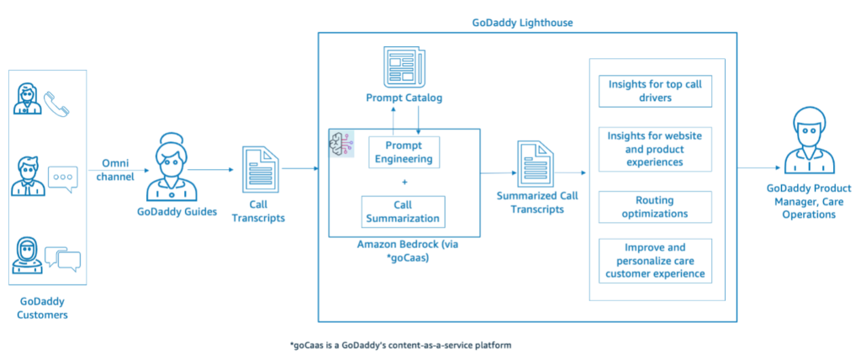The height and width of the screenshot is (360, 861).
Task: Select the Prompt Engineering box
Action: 404,152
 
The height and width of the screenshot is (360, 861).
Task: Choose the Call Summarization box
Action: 403,212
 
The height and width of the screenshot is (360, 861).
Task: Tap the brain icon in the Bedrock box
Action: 341,144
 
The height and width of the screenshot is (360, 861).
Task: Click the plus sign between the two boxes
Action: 404,182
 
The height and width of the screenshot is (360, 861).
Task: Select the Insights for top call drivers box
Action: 655,91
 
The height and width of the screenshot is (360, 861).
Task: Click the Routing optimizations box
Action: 655,207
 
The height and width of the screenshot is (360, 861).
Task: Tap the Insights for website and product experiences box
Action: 655,149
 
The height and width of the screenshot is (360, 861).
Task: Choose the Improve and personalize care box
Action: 655,261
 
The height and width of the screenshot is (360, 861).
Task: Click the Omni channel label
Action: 119,169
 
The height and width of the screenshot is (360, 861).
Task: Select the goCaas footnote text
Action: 401,345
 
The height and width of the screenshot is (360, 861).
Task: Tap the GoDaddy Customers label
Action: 42,309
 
